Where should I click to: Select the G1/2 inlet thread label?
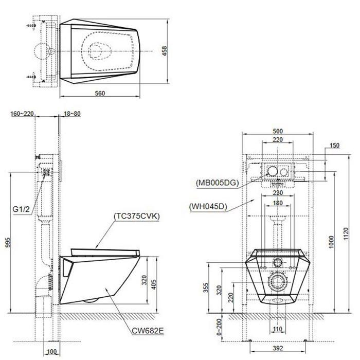(x=21, y=209)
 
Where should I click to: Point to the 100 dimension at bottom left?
(x=51, y=351)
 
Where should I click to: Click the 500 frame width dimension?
(x=277, y=131)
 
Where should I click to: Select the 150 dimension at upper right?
(x=334, y=146)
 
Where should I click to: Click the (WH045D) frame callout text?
(x=208, y=207)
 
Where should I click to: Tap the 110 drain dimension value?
(x=277, y=329)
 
